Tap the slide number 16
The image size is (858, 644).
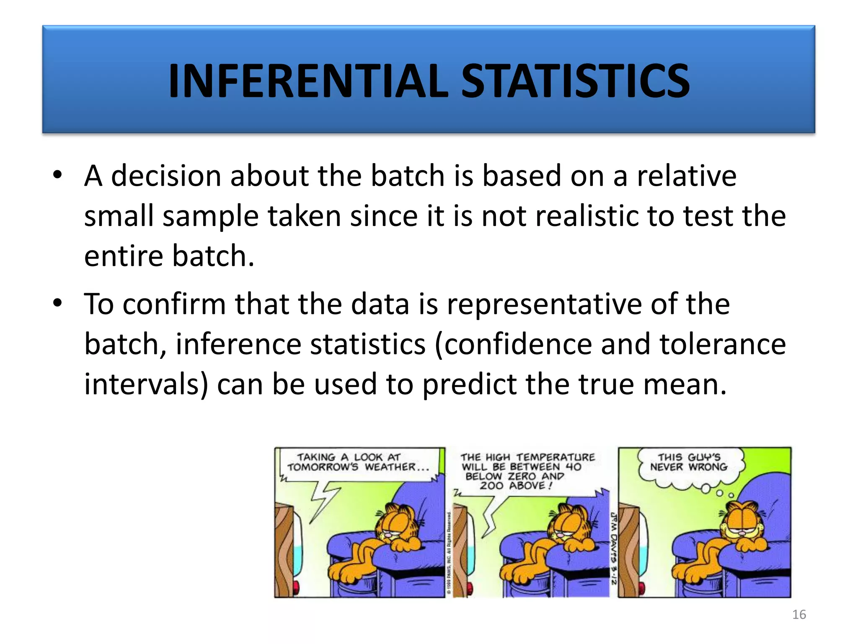click(799, 614)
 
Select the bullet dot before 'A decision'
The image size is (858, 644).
click(57, 175)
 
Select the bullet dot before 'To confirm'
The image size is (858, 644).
click(57, 303)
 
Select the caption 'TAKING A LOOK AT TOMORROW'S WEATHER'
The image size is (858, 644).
click(358, 462)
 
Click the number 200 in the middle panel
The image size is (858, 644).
click(491, 486)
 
